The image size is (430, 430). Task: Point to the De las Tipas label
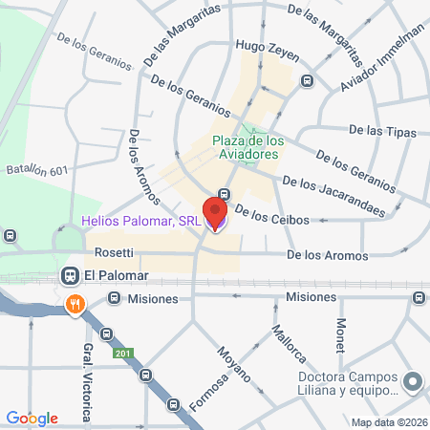click(x=379, y=129)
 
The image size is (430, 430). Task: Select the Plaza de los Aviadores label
click(x=246, y=146)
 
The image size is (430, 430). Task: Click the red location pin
click(x=216, y=212)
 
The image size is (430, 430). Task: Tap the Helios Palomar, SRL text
click(x=141, y=223)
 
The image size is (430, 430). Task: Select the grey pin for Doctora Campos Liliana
click(x=412, y=381)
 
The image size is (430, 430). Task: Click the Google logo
click(x=32, y=417)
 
